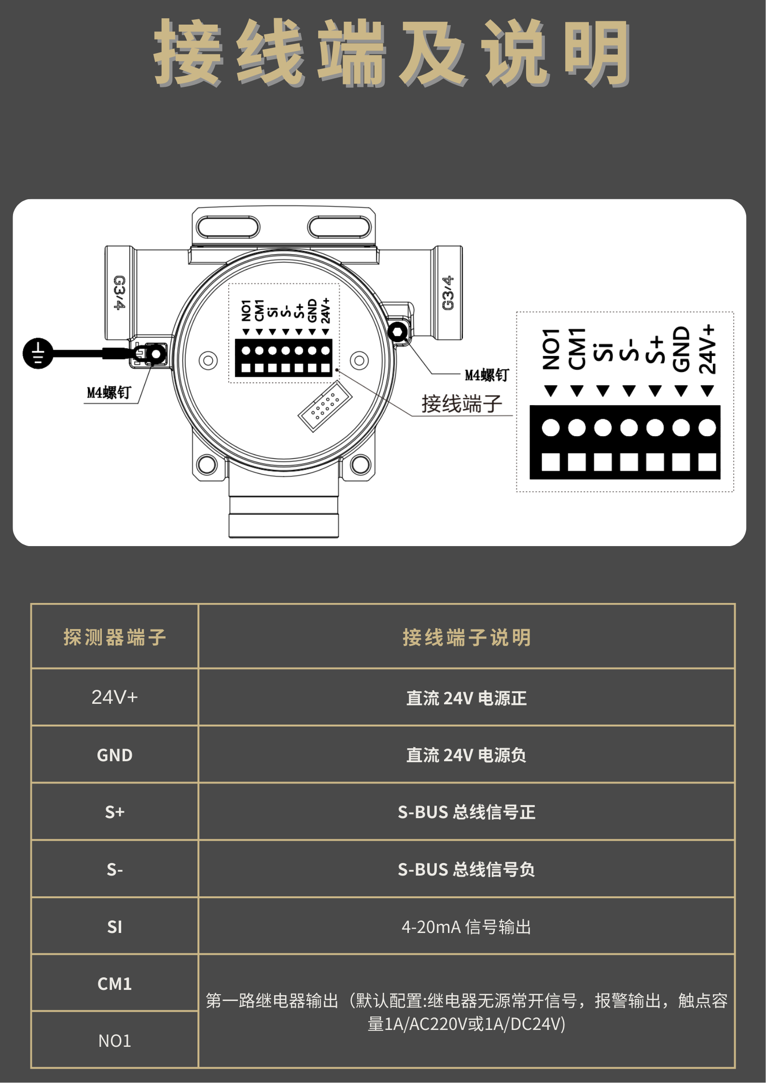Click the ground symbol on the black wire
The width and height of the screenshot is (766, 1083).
pyautogui.click(x=38, y=353)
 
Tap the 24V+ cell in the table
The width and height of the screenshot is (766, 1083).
pyautogui.click(x=115, y=697)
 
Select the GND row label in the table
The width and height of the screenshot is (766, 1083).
pyautogui.click(x=115, y=755)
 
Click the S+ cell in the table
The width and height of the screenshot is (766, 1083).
pyautogui.click(x=115, y=812)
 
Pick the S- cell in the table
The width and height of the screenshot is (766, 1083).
pyautogui.click(x=115, y=869)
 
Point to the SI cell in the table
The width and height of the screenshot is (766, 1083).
pyautogui.click(x=115, y=927)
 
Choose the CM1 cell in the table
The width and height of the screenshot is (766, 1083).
pyautogui.click(x=115, y=984)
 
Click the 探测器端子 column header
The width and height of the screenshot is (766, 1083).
pyautogui.click(x=115, y=637)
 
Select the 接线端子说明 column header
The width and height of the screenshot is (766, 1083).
pyautogui.click(x=467, y=637)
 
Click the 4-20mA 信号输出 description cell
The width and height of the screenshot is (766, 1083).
pyautogui.click(x=466, y=927)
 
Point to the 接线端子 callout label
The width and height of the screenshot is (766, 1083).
pyautogui.click(x=462, y=404)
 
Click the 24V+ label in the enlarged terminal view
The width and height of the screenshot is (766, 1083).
pyautogui.click(x=708, y=349)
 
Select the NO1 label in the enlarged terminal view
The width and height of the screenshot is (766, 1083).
pyautogui.click(x=551, y=349)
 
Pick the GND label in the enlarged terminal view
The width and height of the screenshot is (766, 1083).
pyautogui.click(x=681, y=349)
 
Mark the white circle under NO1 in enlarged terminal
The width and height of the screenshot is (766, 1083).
pyautogui.click(x=551, y=427)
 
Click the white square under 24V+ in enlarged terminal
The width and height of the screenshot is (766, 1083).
pyautogui.click(x=707, y=462)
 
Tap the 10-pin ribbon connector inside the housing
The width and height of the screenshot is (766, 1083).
pyautogui.click(x=325, y=406)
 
